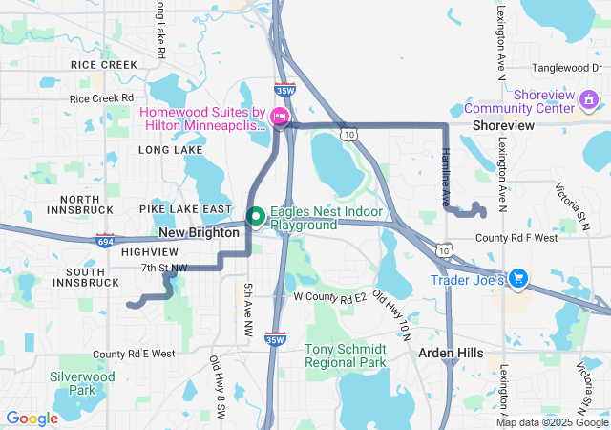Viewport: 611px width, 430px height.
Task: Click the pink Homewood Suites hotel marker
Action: pyautogui.click(x=280, y=117)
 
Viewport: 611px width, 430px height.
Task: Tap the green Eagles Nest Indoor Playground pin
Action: pyautogui.click(x=256, y=217)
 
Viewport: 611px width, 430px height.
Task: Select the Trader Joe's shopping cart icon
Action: pyautogui.click(x=518, y=279)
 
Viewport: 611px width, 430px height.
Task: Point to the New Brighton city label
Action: pyautogui.click(x=199, y=233)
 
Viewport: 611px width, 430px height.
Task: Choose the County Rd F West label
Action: pyautogui.click(x=516, y=238)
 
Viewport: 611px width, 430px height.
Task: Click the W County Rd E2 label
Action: pyautogui.click(x=330, y=298)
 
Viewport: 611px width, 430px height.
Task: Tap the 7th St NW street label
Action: pyautogui.click(x=164, y=268)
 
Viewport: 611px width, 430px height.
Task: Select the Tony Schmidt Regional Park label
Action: pyautogui.click(x=346, y=355)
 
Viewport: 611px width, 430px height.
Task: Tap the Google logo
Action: pyautogui.click(x=32, y=419)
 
